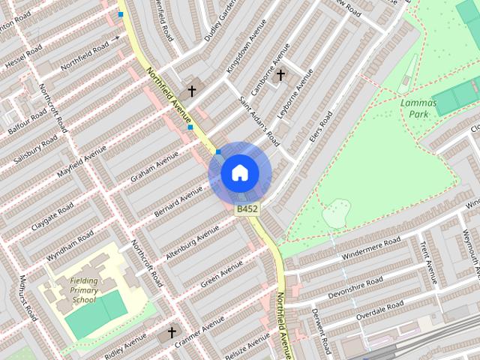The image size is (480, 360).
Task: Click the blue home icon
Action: pos(239,173)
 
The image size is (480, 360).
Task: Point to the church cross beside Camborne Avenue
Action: pos(280,75)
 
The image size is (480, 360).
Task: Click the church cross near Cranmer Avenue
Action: pos(171,331)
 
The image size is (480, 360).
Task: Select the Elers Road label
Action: pos(320,130)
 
